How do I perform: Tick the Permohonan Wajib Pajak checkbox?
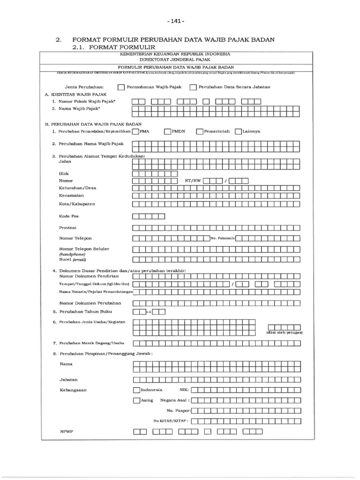[121, 87]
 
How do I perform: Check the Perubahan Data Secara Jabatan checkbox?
[193, 87]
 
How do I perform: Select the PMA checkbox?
[136, 132]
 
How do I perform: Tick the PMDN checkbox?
[167, 132]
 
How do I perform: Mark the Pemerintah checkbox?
[200, 132]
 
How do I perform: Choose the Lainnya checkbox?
[238, 132]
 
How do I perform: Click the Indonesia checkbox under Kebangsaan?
[136, 390]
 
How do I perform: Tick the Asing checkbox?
[136, 400]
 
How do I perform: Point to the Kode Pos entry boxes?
[149, 216]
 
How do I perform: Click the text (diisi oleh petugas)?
[285, 332]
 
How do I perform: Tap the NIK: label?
[184, 390]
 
